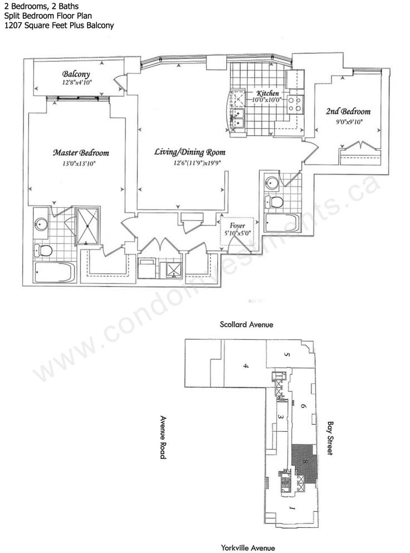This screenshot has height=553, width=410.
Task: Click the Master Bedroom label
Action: (81, 153)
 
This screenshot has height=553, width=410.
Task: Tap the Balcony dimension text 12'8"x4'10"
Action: (77, 83)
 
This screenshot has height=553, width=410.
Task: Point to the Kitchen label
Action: (267, 93)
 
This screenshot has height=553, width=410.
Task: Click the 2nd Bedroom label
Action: (348, 111)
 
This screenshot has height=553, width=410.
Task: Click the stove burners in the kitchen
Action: (298, 103)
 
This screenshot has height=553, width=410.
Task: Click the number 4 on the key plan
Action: (245, 366)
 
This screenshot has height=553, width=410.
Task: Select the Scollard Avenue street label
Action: (246, 325)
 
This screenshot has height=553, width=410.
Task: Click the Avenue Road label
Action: (163, 437)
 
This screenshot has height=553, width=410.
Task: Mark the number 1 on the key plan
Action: (291, 508)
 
